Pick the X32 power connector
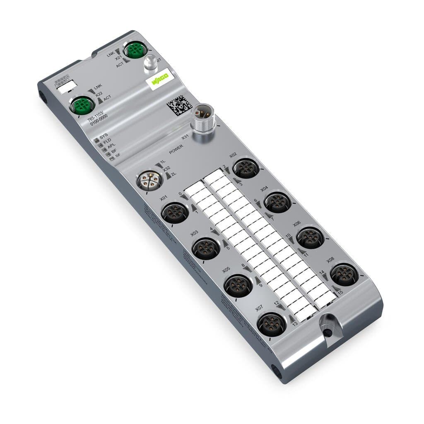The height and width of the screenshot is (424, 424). [149, 181]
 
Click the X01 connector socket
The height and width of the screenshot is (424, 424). [174, 213]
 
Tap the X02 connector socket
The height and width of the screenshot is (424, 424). [246, 168]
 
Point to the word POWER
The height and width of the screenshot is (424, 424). [176, 146]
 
